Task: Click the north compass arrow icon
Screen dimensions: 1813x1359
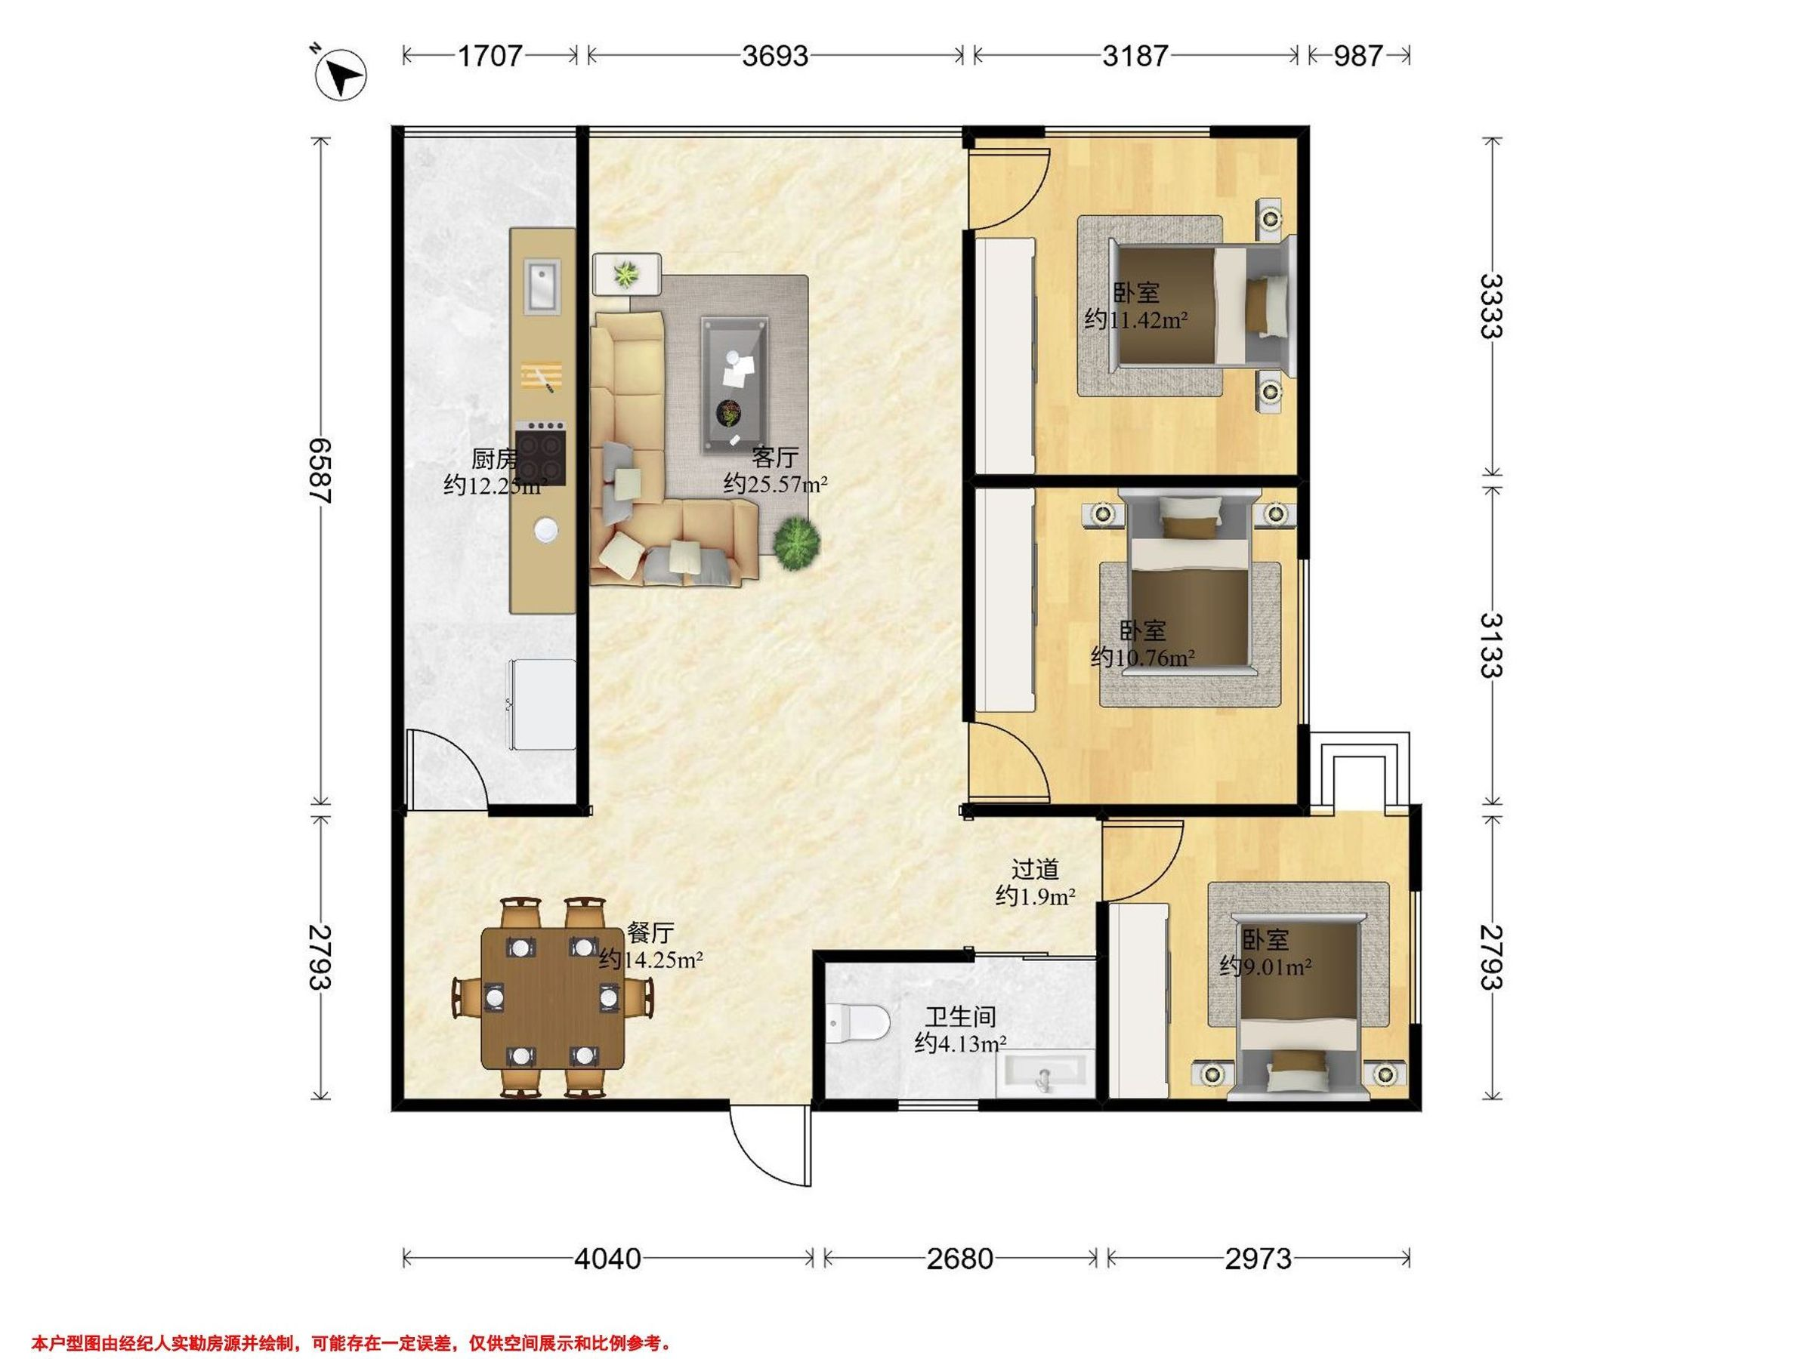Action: click(340, 75)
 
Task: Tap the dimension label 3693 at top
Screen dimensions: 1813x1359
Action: click(774, 56)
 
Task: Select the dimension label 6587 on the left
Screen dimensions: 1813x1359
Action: click(320, 471)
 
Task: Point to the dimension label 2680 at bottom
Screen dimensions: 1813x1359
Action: click(960, 1259)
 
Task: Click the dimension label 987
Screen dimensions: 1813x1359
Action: click(1358, 56)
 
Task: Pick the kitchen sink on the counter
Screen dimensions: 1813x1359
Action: click(542, 287)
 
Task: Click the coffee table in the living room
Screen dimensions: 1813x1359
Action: click(734, 385)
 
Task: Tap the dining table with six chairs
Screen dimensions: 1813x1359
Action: click(551, 998)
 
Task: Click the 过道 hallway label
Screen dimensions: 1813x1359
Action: click(1035, 868)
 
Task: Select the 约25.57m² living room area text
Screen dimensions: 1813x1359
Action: click(775, 485)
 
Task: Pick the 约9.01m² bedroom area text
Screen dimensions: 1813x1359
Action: click(1265, 967)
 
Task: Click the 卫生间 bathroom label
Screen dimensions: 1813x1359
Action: click(961, 1018)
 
